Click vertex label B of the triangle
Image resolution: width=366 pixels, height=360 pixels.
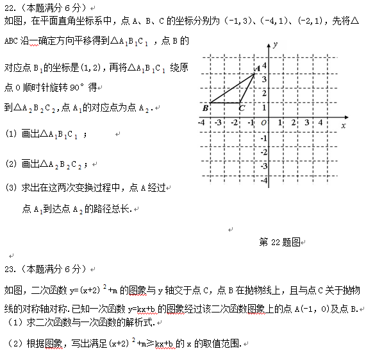[205, 107]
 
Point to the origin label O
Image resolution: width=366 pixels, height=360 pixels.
[263, 122]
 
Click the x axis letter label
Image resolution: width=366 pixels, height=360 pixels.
[344, 126]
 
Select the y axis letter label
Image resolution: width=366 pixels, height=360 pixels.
[274, 44]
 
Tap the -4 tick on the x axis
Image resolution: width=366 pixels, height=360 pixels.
[203, 122]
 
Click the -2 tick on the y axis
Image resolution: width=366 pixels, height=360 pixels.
[263, 151]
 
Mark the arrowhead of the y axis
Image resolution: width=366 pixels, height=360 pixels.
[268, 43]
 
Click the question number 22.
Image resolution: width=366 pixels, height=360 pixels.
[10, 7]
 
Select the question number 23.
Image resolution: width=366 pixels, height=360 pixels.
[10, 268]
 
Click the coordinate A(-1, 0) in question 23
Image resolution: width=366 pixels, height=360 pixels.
[297, 308]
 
